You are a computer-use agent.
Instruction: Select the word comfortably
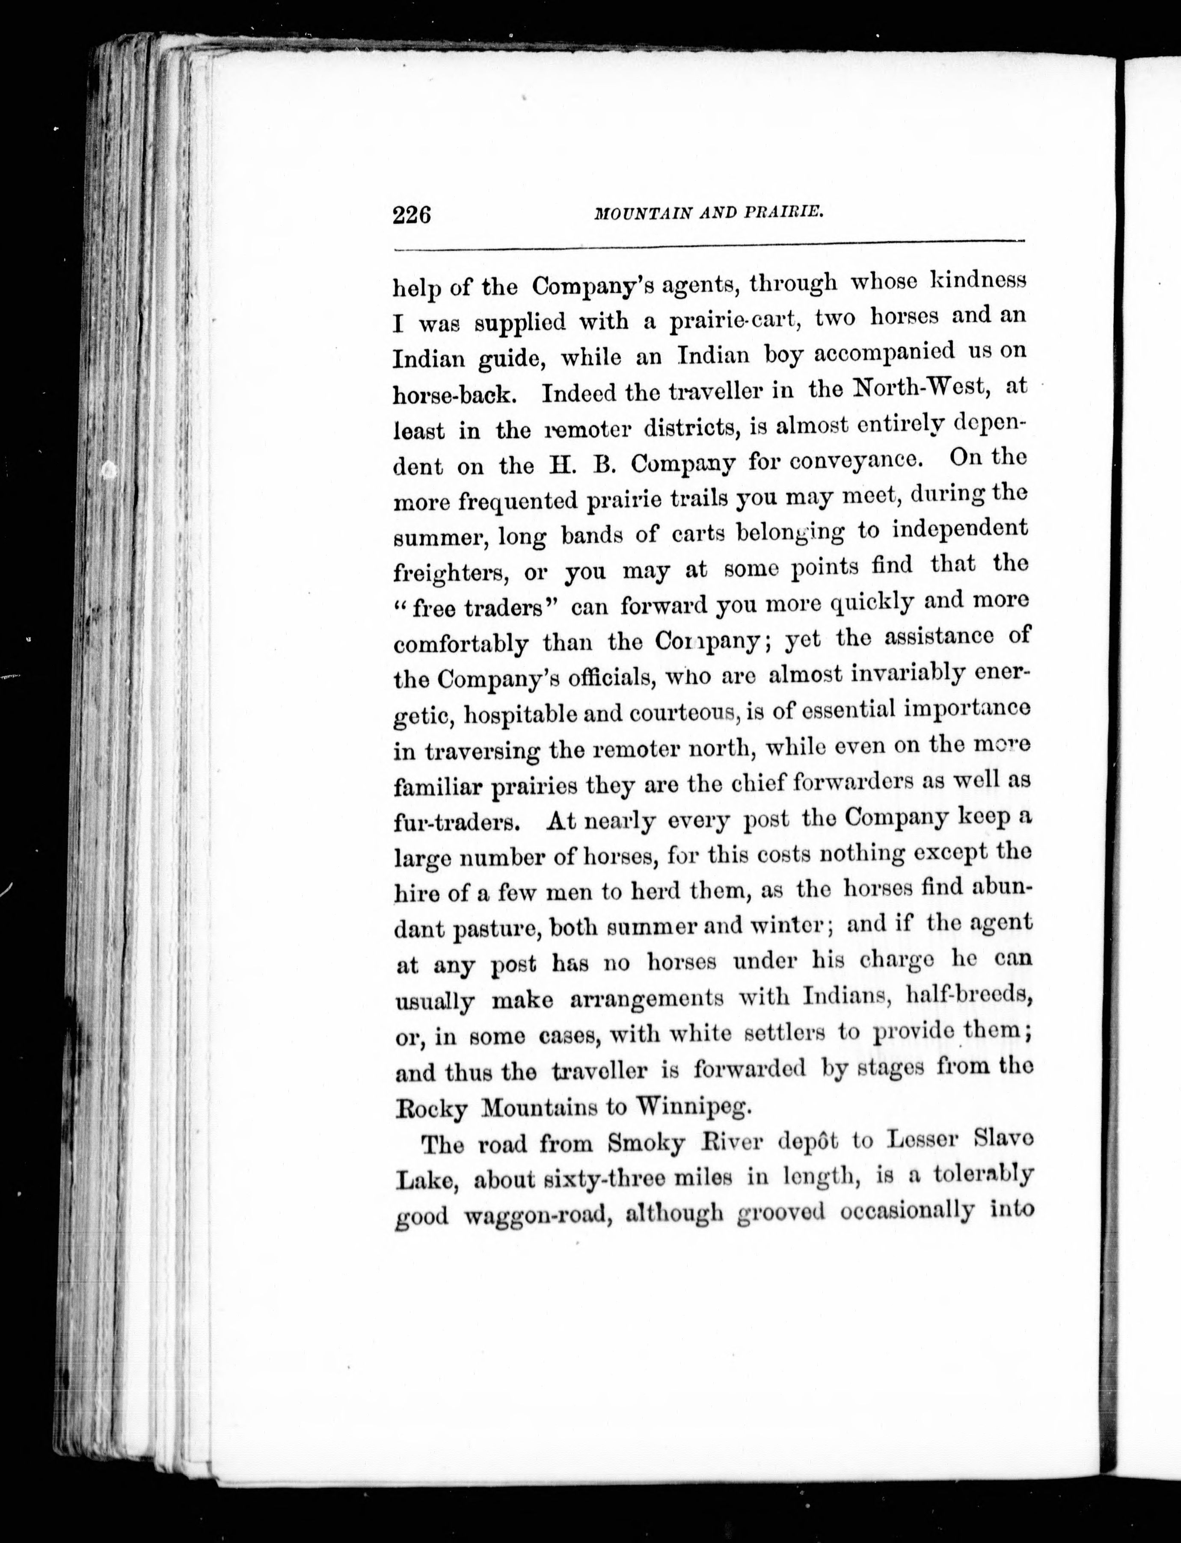pyautogui.click(x=460, y=644)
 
